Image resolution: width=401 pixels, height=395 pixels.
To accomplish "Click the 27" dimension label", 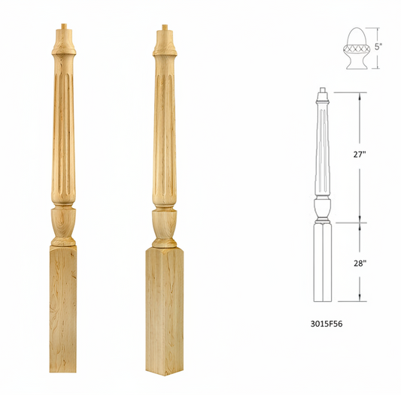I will pos(360,155).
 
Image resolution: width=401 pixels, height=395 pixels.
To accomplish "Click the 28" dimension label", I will pos(360,263).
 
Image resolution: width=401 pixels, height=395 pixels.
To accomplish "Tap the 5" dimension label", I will pos(378,46).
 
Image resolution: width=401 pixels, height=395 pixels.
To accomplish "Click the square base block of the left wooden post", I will pos(63,308).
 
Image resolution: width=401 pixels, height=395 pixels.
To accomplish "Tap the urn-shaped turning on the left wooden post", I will pos(63,223).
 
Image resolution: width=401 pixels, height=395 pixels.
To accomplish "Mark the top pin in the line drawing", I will pos(323,93).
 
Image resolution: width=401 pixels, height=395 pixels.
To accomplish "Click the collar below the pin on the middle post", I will pos(164,47).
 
